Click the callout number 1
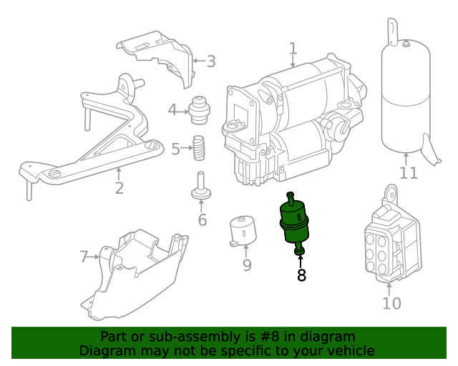293,49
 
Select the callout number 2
119,188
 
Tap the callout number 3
210,61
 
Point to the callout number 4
172,110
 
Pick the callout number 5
175,149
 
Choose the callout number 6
203,220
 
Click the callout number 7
84,256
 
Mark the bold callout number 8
301,275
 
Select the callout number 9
247,266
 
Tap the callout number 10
391,303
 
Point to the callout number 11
408,174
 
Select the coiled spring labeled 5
200,149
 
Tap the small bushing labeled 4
198,107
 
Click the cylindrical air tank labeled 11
405,97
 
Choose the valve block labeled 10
387,239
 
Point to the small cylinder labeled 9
243,232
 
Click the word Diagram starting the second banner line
107,351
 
